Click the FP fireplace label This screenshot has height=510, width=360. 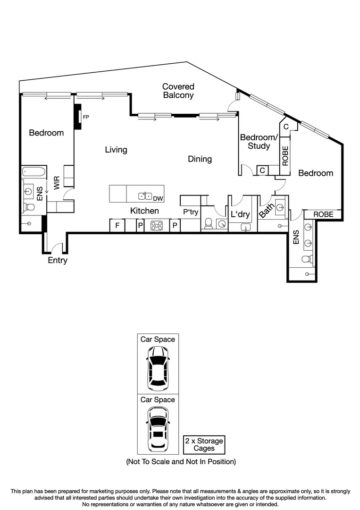pos(86,116)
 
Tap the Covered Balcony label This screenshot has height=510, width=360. pos(178,91)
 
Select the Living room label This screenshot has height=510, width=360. pos(116,150)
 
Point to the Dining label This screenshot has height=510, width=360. pos(200,159)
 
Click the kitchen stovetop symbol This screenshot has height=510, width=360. pos(157,226)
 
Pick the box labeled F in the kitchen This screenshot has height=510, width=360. pos(117,226)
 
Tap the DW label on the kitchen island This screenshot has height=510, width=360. pos(158,198)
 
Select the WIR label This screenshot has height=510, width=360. pos(57,183)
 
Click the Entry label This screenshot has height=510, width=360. pos(58,260)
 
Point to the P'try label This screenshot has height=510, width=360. pos(191,212)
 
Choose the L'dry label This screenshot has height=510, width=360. pos(240,214)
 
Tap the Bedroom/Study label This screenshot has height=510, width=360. pos(259,142)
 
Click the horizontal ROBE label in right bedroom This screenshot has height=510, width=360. pos(323,214)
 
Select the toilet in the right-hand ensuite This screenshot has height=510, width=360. pos(307,258)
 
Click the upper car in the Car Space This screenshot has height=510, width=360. pos(158,368)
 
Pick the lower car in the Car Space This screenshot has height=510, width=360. pos(158,429)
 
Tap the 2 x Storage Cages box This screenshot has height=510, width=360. pos(204,444)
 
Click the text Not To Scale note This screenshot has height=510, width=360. pos(181,461)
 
